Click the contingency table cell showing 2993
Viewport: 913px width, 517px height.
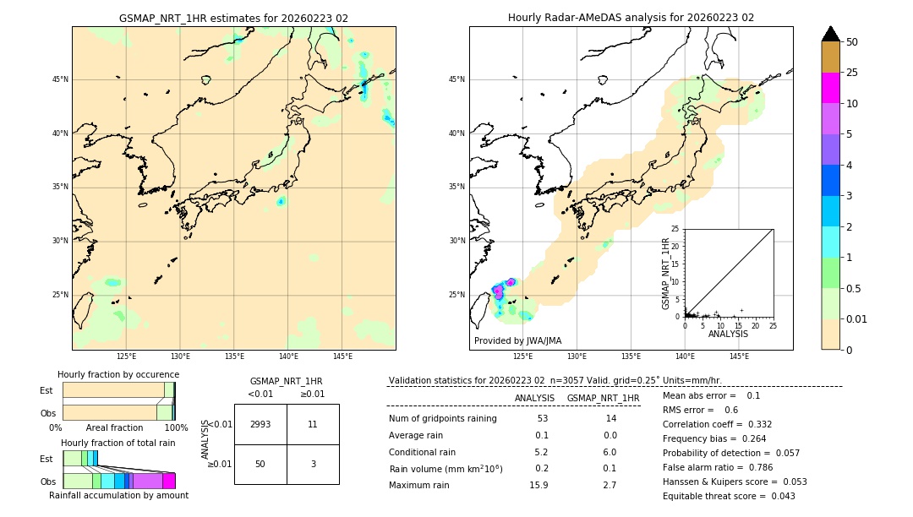(260, 424)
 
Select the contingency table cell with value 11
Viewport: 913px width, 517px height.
(313, 424)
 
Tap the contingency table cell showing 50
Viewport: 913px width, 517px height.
(260, 464)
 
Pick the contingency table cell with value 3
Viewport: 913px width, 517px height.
(313, 464)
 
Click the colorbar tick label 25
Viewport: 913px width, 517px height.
(853, 73)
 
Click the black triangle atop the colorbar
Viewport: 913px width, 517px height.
(831, 34)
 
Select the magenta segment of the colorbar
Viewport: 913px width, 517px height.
(831, 88)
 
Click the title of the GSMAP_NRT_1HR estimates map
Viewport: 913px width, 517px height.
(233, 18)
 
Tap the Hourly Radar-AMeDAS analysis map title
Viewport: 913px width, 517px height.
(631, 18)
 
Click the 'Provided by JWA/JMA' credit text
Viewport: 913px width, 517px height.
(517, 341)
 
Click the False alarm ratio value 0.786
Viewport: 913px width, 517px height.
(757, 467)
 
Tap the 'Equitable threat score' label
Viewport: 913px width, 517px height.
(715, 496)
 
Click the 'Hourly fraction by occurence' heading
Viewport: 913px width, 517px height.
(118, 375)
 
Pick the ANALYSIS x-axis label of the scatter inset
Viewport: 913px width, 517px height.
(728, 334)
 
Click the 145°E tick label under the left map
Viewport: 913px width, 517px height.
(342, 357)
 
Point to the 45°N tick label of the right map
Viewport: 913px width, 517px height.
(456, 80)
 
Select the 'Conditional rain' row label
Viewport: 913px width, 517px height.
(424, 452)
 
